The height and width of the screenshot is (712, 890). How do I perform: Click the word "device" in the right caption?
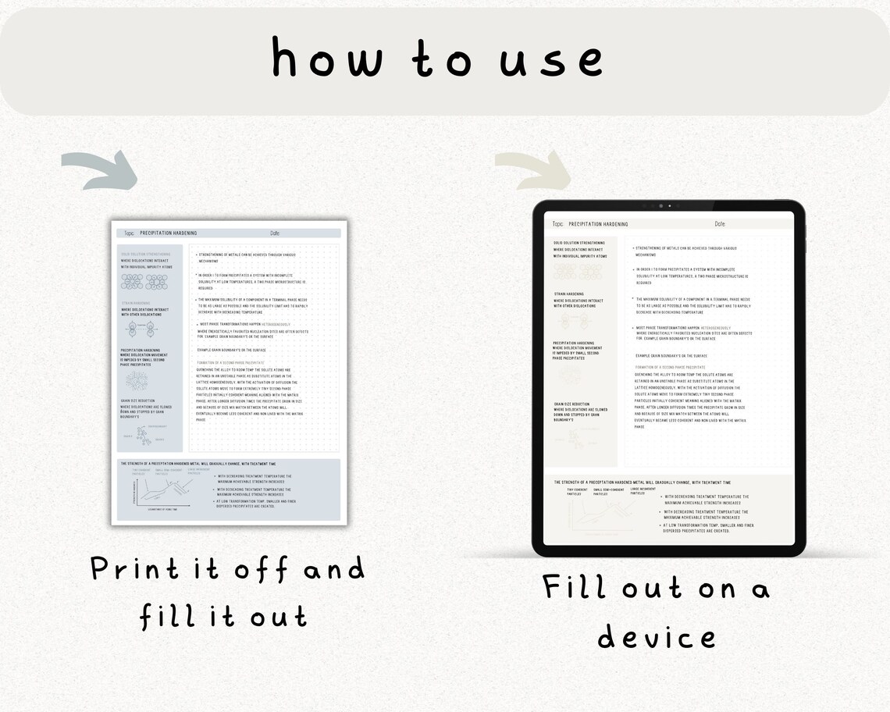click(656, 636)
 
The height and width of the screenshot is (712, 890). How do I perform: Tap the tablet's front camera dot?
click(661, 206)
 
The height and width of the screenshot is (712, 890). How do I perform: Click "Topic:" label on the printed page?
click(129, 233)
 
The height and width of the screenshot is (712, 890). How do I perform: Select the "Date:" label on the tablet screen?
click(720, 224)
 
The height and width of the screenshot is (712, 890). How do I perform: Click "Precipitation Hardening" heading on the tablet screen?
click(598, 224)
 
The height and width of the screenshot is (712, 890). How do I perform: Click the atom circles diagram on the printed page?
click(144, 281)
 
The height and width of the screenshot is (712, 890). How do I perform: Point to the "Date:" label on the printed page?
click(275, 233)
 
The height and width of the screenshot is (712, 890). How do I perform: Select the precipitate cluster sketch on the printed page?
click(137, 381)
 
